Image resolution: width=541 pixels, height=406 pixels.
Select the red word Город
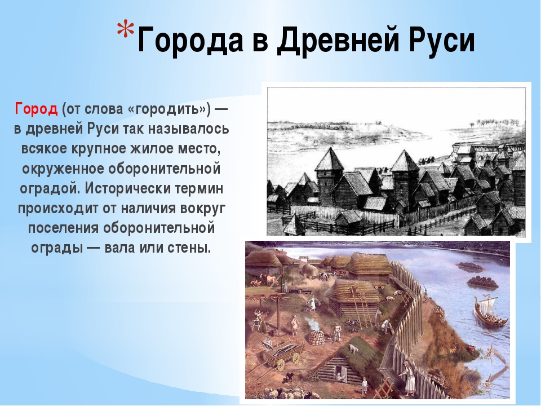[36, 109]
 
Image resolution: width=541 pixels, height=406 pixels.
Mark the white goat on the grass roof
[353, 348]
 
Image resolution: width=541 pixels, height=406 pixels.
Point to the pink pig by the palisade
[390, 298]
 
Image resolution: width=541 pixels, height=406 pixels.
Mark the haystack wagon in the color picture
[312, 271]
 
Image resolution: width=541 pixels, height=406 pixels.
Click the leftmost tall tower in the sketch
[330, 176]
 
